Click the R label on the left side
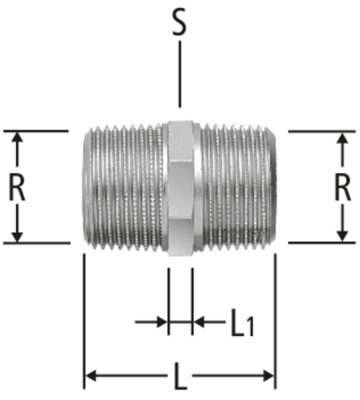[x=17, y=187]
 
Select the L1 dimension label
[x=242, y=323]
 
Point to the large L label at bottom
[x=180, y=377]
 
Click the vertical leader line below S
[x=180, y=74]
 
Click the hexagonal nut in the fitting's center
[x=180, y=188]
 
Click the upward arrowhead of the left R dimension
[x=17, y=137]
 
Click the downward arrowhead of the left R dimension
[x=17, y=236]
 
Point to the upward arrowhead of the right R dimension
[x=343, y=137]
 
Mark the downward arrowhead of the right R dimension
[x=343, y=236]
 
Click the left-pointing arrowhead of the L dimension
[x=90, y=376]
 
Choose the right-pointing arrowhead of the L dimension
[x=269, y=376]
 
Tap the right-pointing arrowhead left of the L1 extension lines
[x=162, y=322]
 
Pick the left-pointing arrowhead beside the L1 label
[x=198, y=322]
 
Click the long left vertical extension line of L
[x=84, y=321]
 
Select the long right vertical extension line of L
[x=275, y=321]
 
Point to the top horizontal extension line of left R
[x=36, y=131]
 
